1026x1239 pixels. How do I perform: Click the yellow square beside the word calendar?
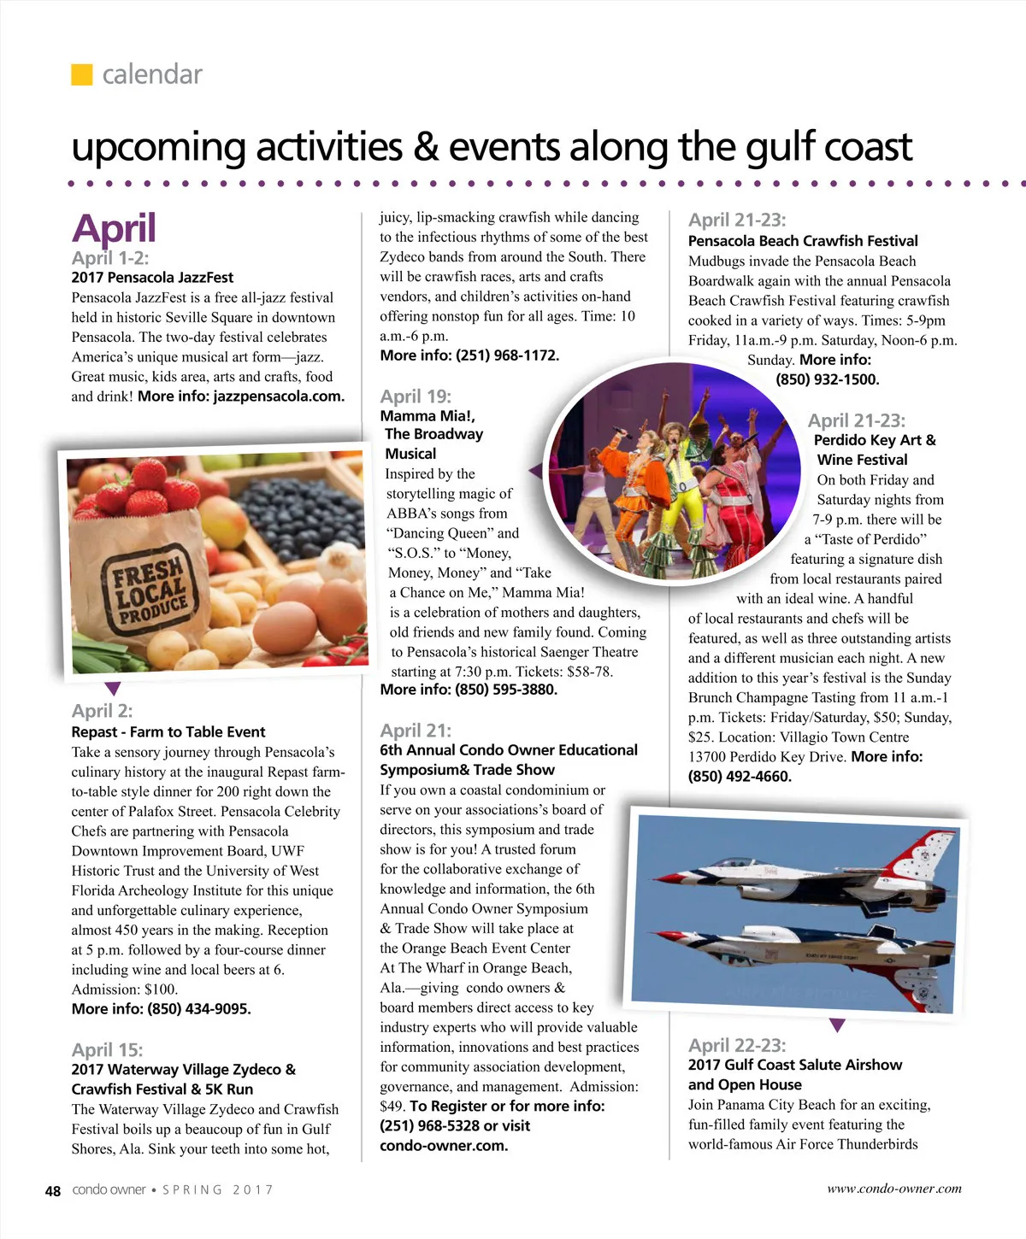click(x=81, y=74)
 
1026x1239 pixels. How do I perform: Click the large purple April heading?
click(x=114, y=229)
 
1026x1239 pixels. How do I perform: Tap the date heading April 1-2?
click(x=109, y=258)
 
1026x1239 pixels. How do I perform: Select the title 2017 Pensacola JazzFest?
click(x=152, y=278)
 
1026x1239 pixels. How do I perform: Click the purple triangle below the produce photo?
click(x=112, y=688)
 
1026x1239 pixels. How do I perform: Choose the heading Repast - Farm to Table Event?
click(x=168, y=732)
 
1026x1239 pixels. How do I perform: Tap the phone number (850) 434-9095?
click(x=199, y=1009)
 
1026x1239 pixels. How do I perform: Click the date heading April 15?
click(x=107, y=1050)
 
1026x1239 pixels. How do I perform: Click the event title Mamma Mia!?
click(x=427, y=416)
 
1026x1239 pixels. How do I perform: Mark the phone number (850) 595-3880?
click(x=506, y=690)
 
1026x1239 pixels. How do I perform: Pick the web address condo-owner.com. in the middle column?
click(x=444, y=1146)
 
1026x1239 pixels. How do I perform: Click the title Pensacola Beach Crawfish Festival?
click(x=803, y=241)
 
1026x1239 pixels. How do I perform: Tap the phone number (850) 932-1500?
click(x=827, y=379)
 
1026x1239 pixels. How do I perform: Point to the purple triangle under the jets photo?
click(x=837, y=1025)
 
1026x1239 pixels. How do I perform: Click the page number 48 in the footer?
click(x=53, y=1190)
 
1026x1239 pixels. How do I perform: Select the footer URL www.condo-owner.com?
click(x=893, y=1189)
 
